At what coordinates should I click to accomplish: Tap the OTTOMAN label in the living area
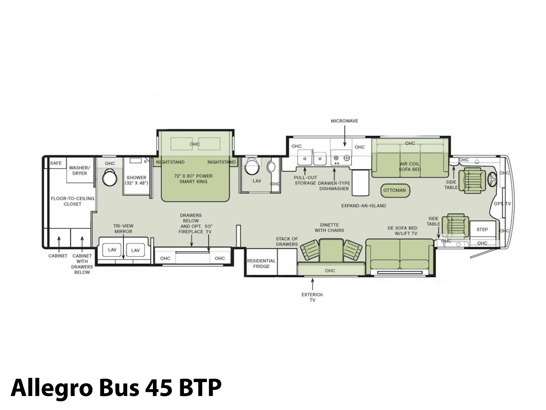[x=394, y=190]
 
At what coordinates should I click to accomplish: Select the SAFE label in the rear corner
[x=56, y=163]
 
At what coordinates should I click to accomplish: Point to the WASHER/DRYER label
[x=80, y=170]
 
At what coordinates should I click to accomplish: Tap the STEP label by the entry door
[x=482, y=230]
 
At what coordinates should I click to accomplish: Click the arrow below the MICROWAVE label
[x=345, y=136]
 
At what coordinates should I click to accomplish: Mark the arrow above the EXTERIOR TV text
[x=313, y=284]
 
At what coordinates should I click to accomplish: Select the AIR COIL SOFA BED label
[x=410, y=166]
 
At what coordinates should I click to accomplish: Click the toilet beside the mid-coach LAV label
[x=252, y=166]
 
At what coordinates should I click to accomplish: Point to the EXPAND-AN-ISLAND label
[x=364, y=206]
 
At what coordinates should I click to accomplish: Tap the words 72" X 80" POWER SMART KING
[x=193, y=179]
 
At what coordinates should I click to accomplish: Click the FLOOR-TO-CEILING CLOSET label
[x=72, y=201]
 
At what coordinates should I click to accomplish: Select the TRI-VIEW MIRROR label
[x=124, y=229]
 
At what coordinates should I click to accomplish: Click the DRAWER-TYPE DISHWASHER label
[x=334, y=186]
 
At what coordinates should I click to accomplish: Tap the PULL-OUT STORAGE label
[x=305, y=180]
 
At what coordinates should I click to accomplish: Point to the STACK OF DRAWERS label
[x=287, y=242]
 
